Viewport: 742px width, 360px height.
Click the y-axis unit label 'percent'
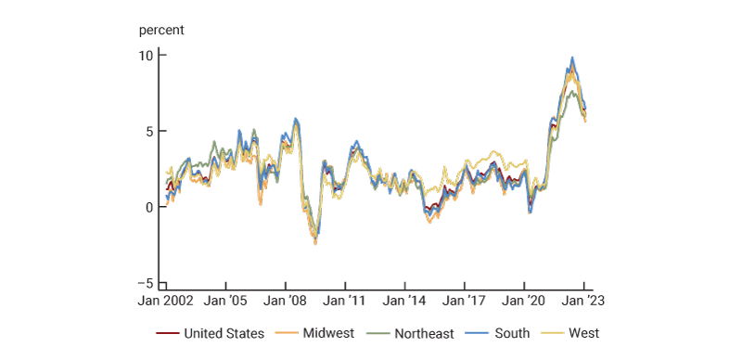(x=161, y=30)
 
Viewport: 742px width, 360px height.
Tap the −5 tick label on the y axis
(x=147, y=283)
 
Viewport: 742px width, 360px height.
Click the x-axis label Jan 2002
(x=167, y=302)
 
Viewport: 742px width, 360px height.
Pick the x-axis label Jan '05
(x=226, y=302)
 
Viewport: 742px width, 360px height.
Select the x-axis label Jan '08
(x=286, y=302)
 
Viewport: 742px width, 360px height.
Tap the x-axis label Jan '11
(x=346, y=302)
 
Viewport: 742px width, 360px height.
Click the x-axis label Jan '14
(x=405, y=302)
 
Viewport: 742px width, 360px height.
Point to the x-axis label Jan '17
(x=465, y=302)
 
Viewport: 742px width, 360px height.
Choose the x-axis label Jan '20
(x=525, y=302)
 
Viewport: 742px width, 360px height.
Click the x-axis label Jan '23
(x=584, y=302)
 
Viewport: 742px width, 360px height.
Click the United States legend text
(x=224, y=333)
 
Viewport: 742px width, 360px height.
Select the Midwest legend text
(x=328, y=333)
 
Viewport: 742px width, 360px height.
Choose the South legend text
(x=511, y=333)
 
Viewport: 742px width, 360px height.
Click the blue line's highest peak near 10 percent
(x=572, y=58)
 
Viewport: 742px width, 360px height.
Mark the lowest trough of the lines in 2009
(x=315, y=242)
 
